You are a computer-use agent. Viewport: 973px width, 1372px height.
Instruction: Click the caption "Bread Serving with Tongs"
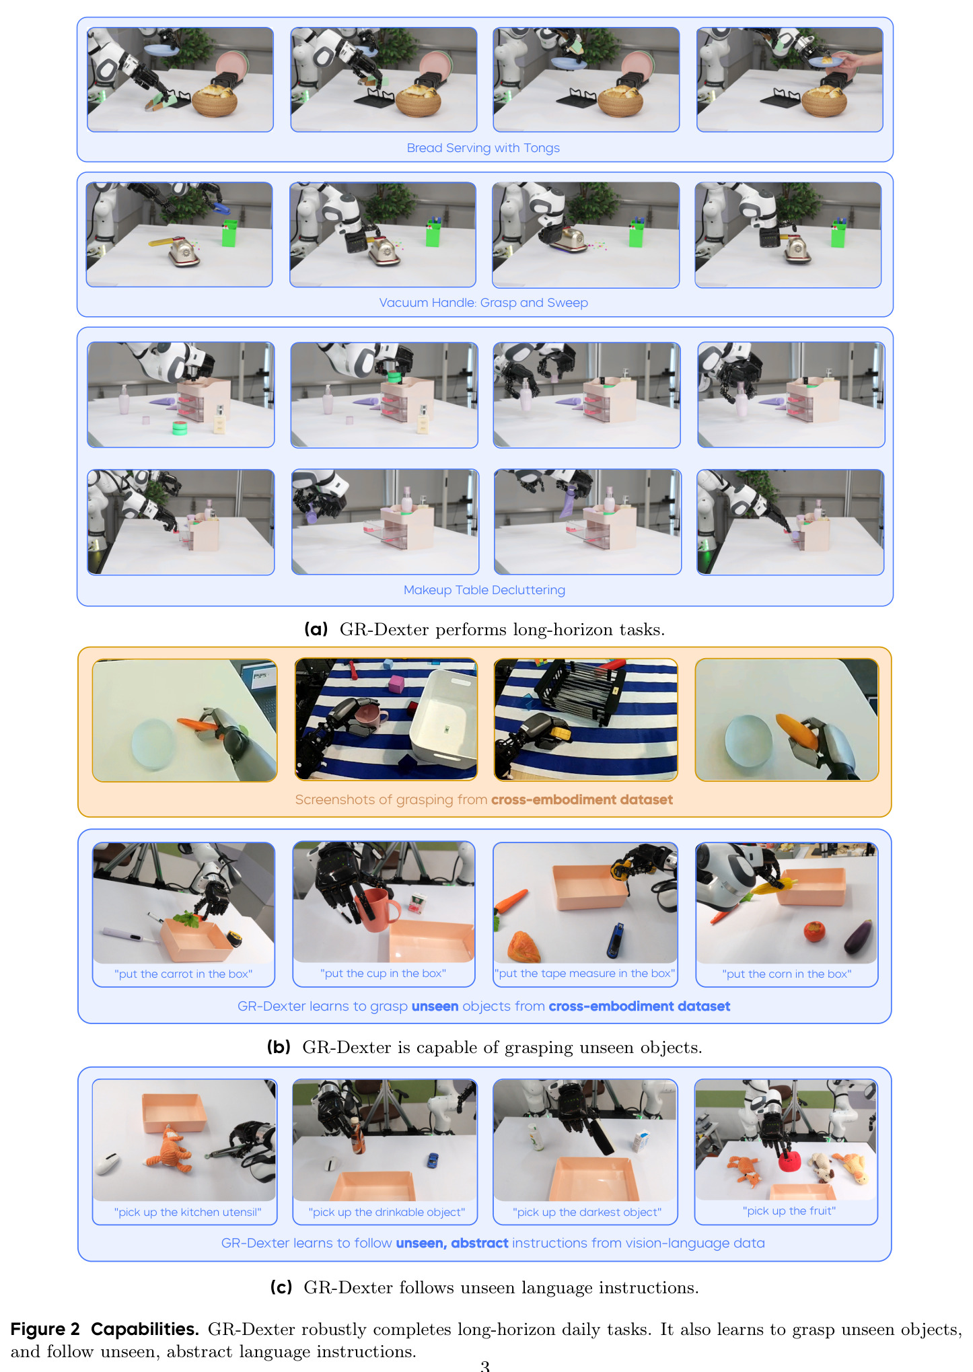tap(483, 148)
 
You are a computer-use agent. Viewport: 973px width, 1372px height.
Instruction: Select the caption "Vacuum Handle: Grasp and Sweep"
tap(483, 303)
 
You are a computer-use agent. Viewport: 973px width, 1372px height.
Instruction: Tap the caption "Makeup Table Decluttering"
tap(484, 590)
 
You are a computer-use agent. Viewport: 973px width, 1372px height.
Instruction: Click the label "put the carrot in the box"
tap(183, 974)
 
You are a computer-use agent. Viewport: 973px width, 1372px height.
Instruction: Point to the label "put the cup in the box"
tap(383, 973)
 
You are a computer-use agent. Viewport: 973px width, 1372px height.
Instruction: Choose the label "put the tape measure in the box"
tap(585, 973)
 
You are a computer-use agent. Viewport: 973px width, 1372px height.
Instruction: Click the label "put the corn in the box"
tap(787, 974)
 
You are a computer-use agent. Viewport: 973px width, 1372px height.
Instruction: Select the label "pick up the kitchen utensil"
tap(187, 1212)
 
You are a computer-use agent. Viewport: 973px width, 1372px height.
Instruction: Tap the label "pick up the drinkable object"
tap(386, 1212)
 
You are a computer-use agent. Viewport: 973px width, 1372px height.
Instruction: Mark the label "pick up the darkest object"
tap(587, 1212)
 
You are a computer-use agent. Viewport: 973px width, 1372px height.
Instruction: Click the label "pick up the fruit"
tap(789, 1211)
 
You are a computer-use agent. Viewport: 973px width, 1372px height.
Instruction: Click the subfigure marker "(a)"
tap(316, 629)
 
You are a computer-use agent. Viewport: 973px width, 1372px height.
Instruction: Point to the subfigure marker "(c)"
tap(281, 1287)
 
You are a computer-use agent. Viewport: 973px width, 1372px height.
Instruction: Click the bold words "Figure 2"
tap(45, 1329)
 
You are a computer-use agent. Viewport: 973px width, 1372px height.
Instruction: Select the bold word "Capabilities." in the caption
tap(145, 1330)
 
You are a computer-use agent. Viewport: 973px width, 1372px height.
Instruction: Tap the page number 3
tap(484, 1365)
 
